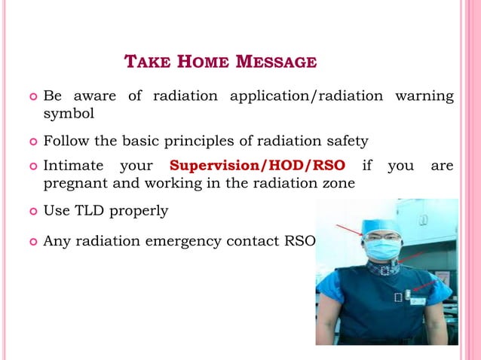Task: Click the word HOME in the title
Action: [203, 62]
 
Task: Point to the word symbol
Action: [68, 114]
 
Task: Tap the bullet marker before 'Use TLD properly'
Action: [32, 212]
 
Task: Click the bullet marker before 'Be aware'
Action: [32, 97]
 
